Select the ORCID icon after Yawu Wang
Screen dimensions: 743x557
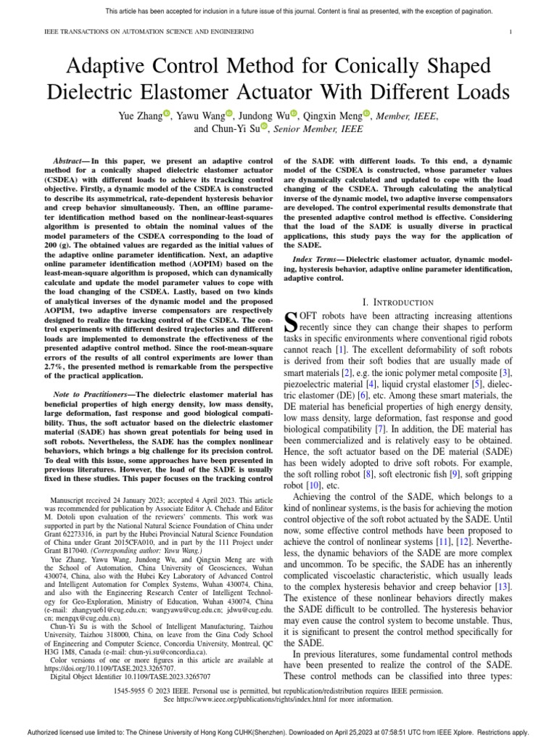pos(229,114)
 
